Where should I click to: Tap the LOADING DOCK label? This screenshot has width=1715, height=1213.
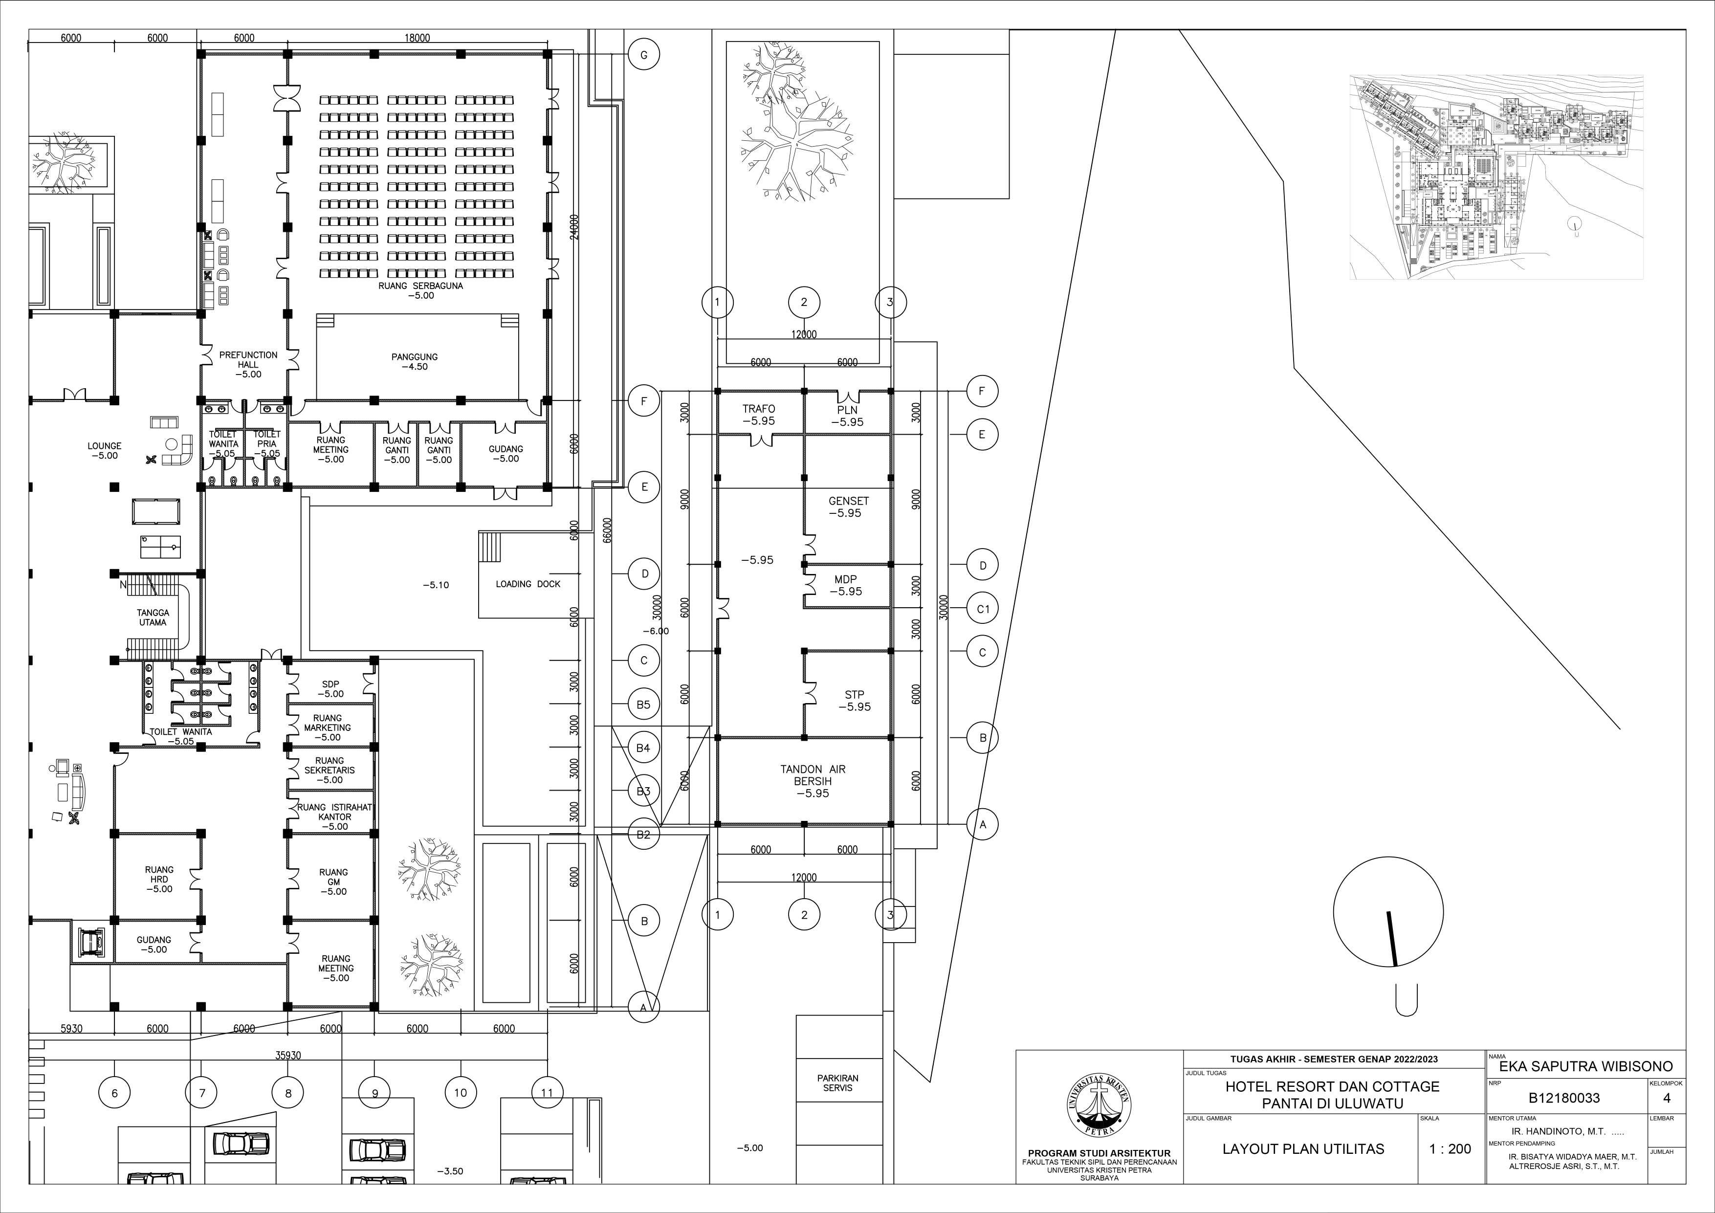click(528, 584)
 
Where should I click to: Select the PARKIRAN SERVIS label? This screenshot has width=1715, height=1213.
click(837, 1083)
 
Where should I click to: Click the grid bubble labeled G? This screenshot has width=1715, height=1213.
click(643, 55)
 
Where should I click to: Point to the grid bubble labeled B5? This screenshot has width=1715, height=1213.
click(643, 705)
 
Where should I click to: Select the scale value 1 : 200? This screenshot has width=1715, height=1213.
click(1450, 1149)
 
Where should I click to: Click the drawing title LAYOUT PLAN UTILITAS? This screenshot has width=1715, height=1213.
click(1303, 1149)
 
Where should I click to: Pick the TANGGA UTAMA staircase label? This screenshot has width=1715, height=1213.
click(153, 618)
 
